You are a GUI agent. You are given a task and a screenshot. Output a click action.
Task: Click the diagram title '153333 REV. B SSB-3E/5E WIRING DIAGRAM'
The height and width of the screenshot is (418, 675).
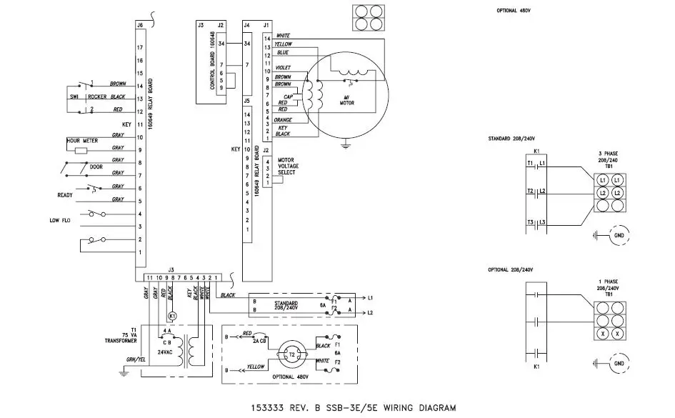tap(353, 408)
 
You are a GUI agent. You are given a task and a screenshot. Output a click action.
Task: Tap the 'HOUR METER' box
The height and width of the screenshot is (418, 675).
tap(83, 141)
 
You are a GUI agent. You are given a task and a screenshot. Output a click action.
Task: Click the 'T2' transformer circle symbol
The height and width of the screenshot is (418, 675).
tap(291, 354)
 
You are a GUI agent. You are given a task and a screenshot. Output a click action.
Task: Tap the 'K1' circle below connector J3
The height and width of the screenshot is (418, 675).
tap(171, 315)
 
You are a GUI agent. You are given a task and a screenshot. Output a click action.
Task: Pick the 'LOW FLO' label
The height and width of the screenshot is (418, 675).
tap(59, 221)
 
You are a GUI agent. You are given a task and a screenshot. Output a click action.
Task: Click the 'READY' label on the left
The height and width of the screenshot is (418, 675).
tap(66, 194)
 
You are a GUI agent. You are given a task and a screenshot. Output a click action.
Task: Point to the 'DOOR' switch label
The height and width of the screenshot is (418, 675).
tap(96, 167)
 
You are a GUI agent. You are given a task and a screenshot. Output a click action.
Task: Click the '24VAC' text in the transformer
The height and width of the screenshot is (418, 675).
tap(166, 352)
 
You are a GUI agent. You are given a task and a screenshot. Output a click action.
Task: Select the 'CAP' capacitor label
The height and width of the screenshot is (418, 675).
tap(289, 96)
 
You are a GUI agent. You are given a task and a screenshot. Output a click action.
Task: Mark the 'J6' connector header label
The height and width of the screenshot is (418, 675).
tap(140, 25)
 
